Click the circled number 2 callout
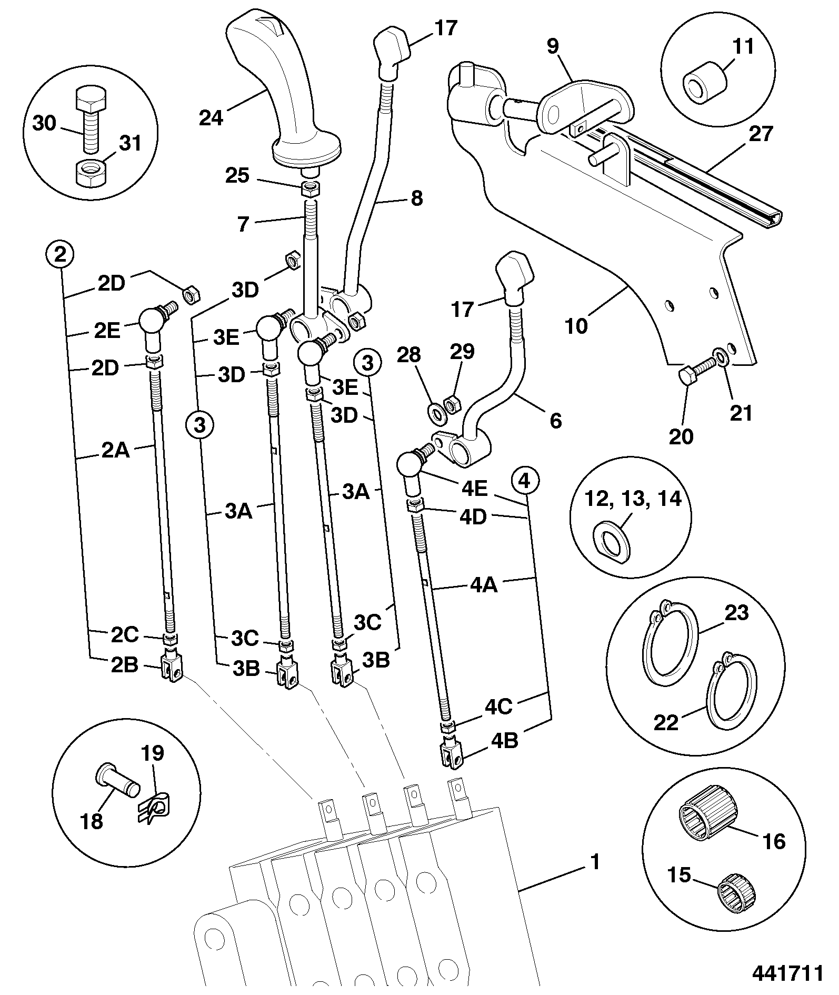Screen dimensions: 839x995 pyautogui.click(x=61, y=255)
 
